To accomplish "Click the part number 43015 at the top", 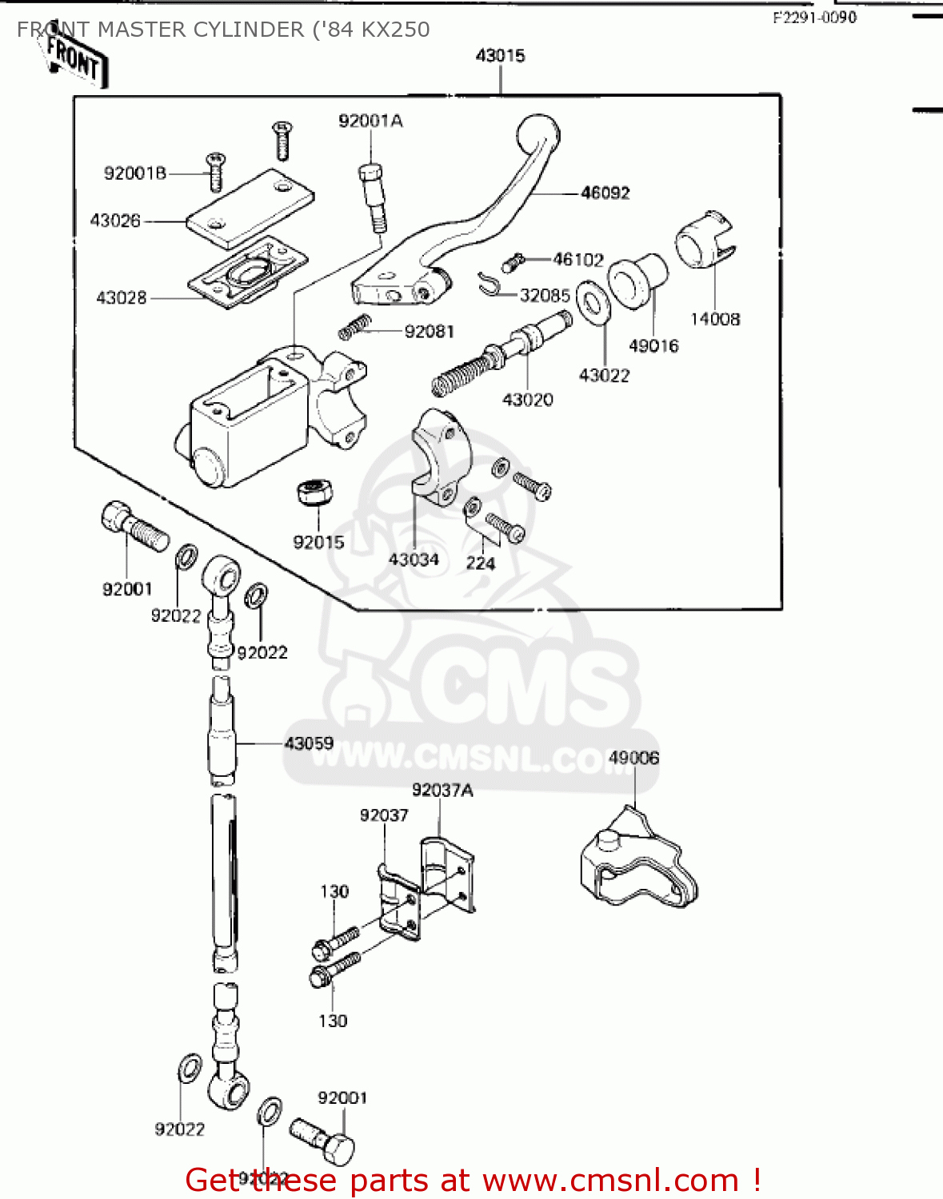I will pyautogui.click(x=500, y=56).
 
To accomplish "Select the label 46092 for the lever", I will pyautogui.click(x=605, y=193).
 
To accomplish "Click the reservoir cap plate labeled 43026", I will pyautogui.click(x=250, y=206).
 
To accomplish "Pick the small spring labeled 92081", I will pyautogui.click(x=355, y=325).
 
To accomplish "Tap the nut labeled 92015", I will pyautogui.click(x=314, y=492).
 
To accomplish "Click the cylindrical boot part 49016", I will pyautogui.click(x=637, y=280).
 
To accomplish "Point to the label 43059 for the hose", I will pyautogui.click(x=309, y=743).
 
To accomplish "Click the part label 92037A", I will pyautogui.click(x=442, y=791).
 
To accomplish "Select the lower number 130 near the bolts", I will pyautogui.click(x=333, y=1021).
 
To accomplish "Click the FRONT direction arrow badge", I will pyautogui.click(x=74, y=61).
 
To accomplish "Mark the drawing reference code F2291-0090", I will pyautogui.click(x=814, y=18).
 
